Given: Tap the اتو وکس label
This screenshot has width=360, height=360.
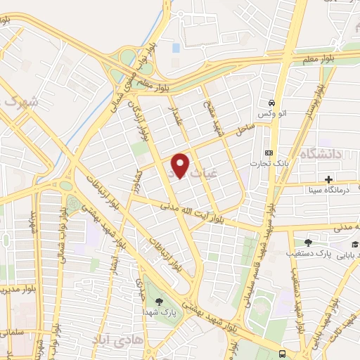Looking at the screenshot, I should [273, 113].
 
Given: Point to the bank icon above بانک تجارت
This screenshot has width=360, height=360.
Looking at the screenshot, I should [269, 153].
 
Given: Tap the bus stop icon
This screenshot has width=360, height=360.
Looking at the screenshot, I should [282, 353].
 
